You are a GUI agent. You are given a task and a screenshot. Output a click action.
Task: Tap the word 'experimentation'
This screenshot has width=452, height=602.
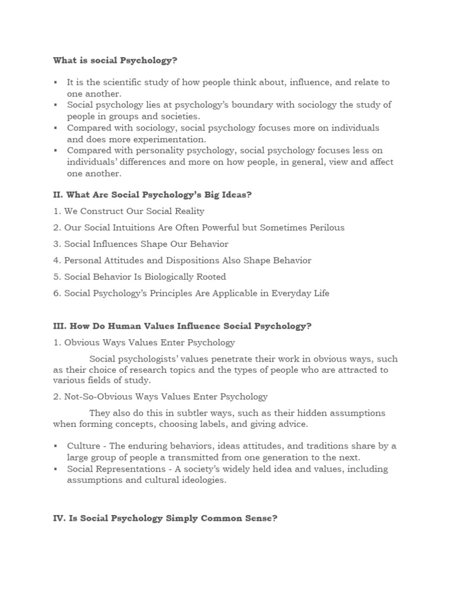(x=172, y=139)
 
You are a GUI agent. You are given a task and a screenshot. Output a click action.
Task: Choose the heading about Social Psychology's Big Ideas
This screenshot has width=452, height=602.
(x=152, y=195)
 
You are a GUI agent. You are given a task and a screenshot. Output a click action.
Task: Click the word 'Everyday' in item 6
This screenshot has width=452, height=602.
(x=291, y=293)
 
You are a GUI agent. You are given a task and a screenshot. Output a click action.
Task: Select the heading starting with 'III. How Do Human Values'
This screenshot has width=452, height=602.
(x=182, y=326)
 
